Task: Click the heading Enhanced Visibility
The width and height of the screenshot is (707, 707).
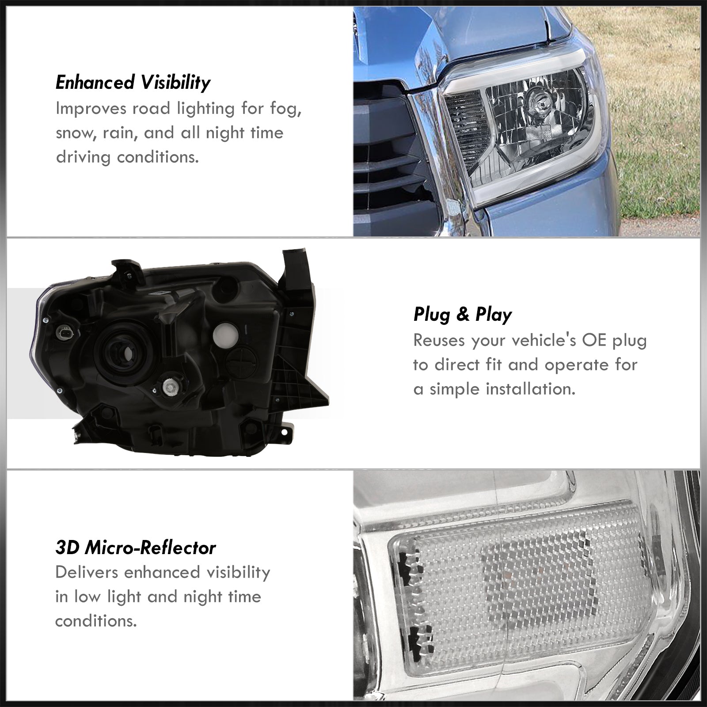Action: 133,83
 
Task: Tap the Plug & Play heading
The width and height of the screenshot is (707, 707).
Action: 463,314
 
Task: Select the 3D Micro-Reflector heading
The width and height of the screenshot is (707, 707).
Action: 136,548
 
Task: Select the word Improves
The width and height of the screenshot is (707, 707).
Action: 85,109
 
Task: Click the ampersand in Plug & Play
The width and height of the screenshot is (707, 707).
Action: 462,314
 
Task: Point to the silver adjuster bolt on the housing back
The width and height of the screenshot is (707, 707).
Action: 170,388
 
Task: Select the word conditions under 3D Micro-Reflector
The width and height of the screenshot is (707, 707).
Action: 96,621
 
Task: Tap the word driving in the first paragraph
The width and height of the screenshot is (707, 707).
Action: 82,158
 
